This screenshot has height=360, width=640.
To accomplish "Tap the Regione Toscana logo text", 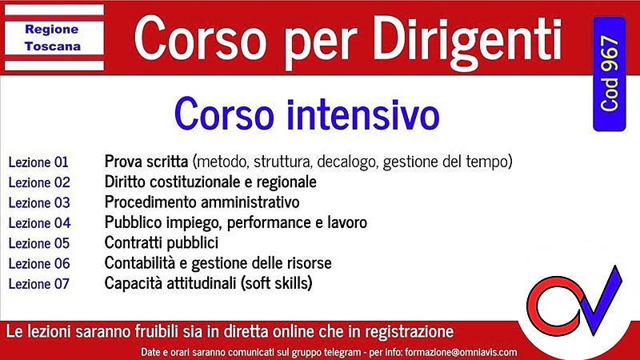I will [x=52, y=37].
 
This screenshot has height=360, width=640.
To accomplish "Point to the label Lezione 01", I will [x=39, y=162].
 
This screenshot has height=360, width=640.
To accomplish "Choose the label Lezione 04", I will [x=39, y=222].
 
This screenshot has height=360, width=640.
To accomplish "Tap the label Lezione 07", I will [x=39, y=283].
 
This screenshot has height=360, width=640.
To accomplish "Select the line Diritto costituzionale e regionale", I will [x=210, y=182].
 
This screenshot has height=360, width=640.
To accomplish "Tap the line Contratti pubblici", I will [x=161, y=242].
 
